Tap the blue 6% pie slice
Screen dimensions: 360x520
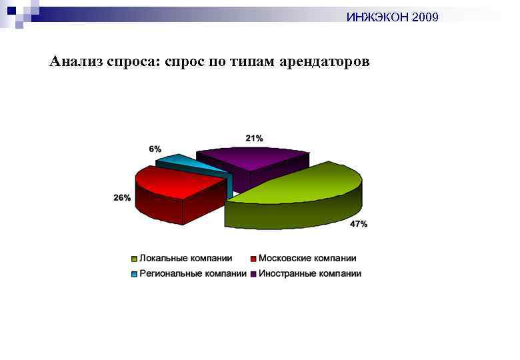175,161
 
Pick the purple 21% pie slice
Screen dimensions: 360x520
253,160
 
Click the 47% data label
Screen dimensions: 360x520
359,225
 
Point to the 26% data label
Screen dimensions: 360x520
122,198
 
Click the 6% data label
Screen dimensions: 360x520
155,149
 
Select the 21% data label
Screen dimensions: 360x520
254,138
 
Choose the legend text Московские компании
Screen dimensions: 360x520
307,258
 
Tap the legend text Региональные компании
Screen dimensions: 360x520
193,273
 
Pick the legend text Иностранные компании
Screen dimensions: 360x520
310,273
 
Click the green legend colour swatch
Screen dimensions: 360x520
134,259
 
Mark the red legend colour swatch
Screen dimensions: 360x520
253,259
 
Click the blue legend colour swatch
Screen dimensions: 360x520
134,274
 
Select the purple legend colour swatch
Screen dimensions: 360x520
253,274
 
